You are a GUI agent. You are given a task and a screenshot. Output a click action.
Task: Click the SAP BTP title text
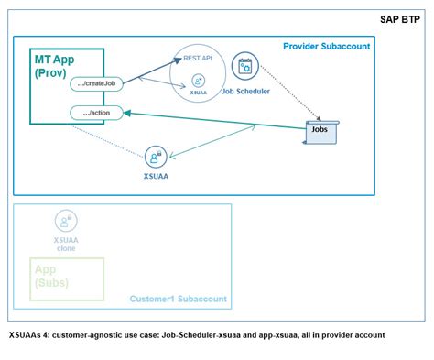coord(401,18)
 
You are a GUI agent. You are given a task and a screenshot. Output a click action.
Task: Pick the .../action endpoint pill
coord(95,113)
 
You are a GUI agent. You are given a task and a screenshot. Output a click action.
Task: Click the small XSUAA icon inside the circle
coord(199,82)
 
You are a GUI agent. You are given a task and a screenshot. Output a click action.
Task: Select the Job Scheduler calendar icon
coord(244,65)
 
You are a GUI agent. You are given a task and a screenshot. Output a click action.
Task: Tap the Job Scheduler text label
coord(244,90)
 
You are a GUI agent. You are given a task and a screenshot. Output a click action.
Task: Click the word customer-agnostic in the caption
coord(102,335)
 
